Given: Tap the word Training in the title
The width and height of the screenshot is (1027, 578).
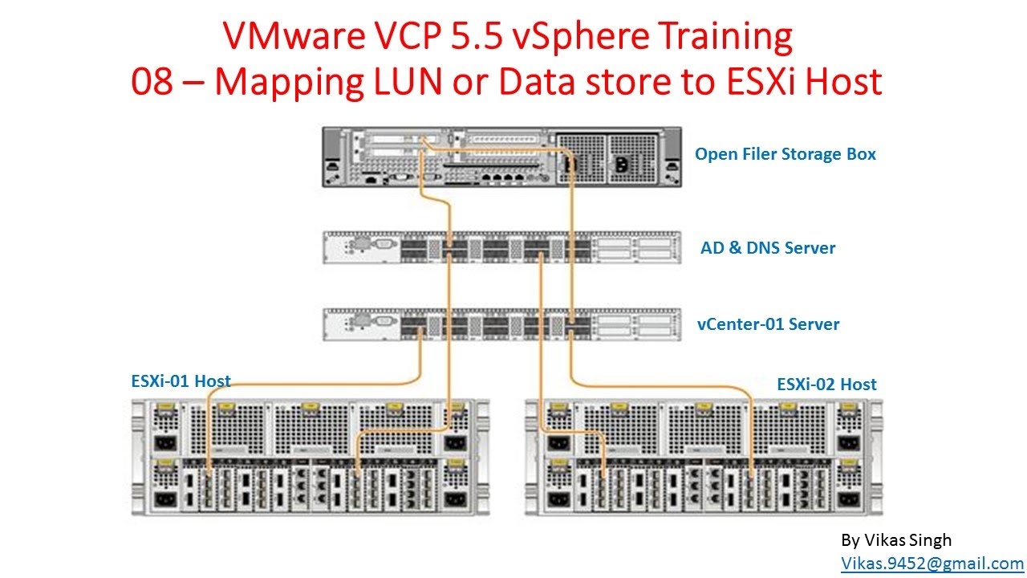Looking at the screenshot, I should click(x=713, y=37).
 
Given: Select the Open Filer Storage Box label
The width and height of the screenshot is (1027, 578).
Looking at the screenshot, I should click(x=785, y=153).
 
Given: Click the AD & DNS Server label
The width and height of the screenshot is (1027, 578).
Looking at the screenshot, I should click(x=768, y=247).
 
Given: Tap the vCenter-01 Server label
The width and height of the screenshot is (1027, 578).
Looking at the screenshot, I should click(x=768, y=324).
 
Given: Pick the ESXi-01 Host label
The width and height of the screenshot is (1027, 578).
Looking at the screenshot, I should click(x=181, y=381).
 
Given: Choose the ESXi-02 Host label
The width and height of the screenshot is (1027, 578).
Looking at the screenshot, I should click(x=826, y=384).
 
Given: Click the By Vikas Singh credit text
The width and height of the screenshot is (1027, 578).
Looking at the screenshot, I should click(x=896, y=539).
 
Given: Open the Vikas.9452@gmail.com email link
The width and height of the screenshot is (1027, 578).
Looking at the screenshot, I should click(x=932, y=564).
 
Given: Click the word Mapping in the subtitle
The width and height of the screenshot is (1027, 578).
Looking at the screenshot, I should click(x=284, y=82).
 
